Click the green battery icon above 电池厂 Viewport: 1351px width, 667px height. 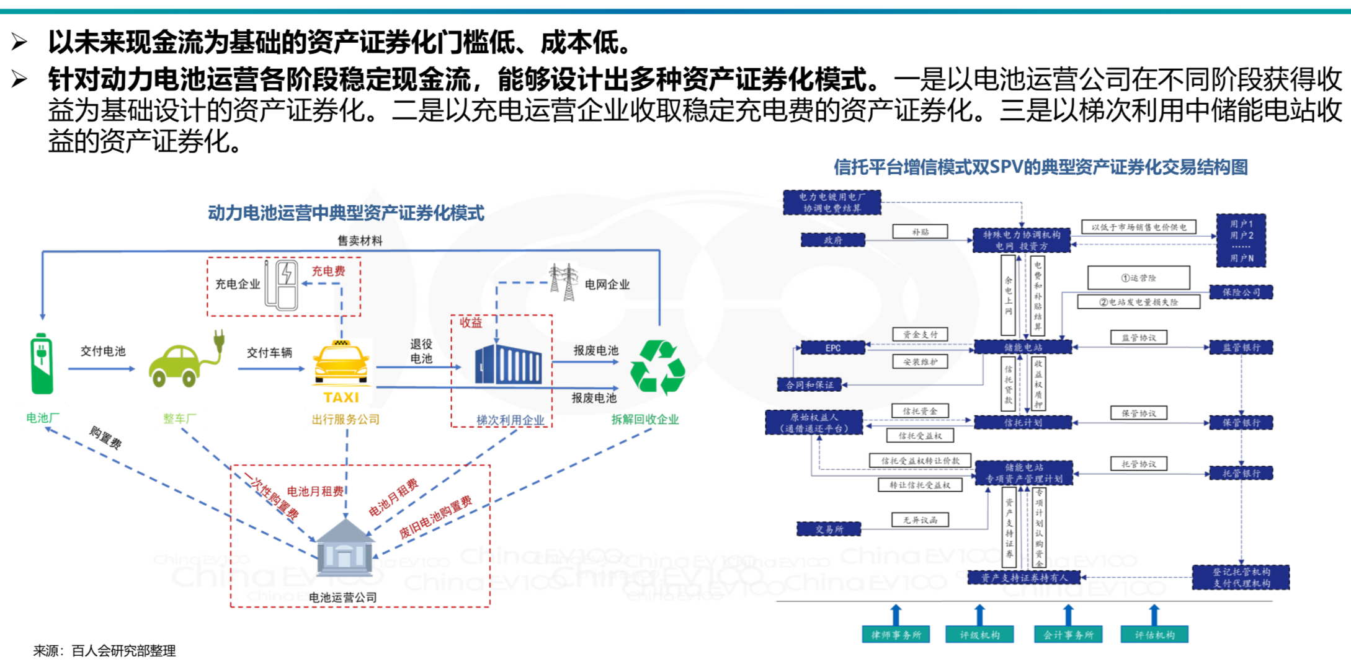pos(42,364)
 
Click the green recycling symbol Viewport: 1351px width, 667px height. pos(657,367)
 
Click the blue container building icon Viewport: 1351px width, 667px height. pos(508,364)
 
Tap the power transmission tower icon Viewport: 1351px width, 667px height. pos(564,282)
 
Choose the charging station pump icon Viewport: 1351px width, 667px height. pos(282,285)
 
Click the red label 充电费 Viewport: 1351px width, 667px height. pos(328,271)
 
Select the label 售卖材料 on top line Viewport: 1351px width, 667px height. pos(360,241)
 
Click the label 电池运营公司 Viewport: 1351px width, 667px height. pos(342,597)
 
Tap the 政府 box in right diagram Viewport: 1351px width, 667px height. pos(832,240)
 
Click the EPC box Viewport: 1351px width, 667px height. pos(832,348)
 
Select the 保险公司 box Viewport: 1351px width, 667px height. pos(1241,292)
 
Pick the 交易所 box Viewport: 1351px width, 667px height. pos(829,529)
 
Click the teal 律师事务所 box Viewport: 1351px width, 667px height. pos(896,635)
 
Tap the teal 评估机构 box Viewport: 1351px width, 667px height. pos(1154,635)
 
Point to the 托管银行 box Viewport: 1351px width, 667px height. pos(1241,473)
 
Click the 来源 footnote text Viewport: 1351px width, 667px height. pos(104,650)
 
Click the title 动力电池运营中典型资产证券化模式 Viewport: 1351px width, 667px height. pos(346,213)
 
